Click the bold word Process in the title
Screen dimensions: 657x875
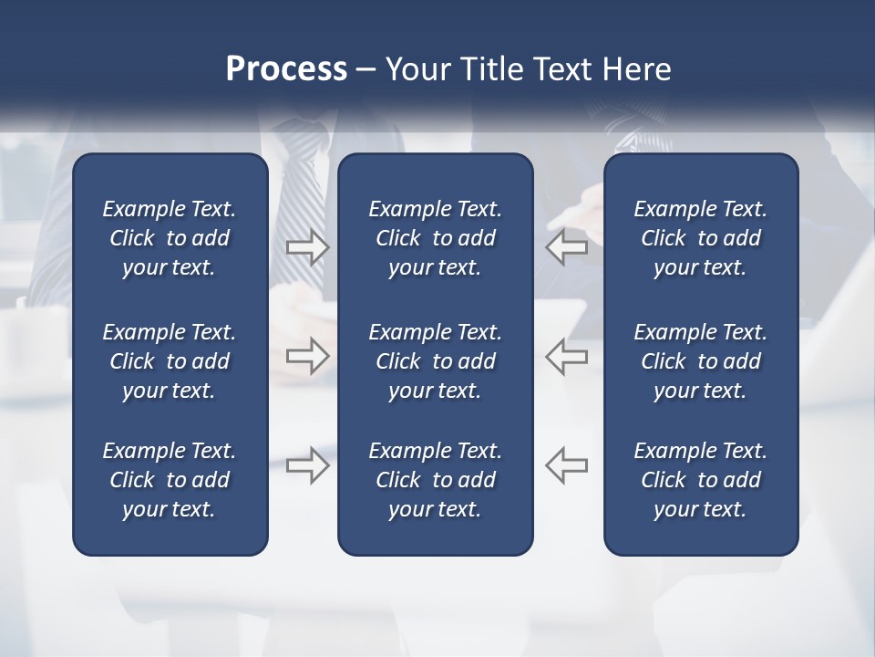pos(286,69)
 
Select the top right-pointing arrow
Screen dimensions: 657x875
pos(307,247)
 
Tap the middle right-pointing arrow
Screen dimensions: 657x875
pos(307,356)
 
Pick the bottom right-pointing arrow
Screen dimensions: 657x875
pos(307,465)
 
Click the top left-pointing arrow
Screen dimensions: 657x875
pos(566,247)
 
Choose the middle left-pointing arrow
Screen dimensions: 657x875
pos(566,356)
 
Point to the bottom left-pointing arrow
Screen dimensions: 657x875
pos(566,465)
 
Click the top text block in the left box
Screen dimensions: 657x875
pos(170,238)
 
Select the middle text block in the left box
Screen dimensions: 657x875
pos(170,361)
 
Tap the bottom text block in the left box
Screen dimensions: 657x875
pos(170,480)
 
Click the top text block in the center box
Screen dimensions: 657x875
pos(435,238)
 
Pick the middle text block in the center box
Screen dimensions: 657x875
pos(435,361)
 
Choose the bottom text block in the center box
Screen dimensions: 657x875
pos(435,480)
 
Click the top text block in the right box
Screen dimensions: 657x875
pos(700,238)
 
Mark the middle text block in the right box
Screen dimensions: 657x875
pos(700,361)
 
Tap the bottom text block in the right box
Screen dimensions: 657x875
pos(700,480)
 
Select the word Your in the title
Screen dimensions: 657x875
pos(417,69)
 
